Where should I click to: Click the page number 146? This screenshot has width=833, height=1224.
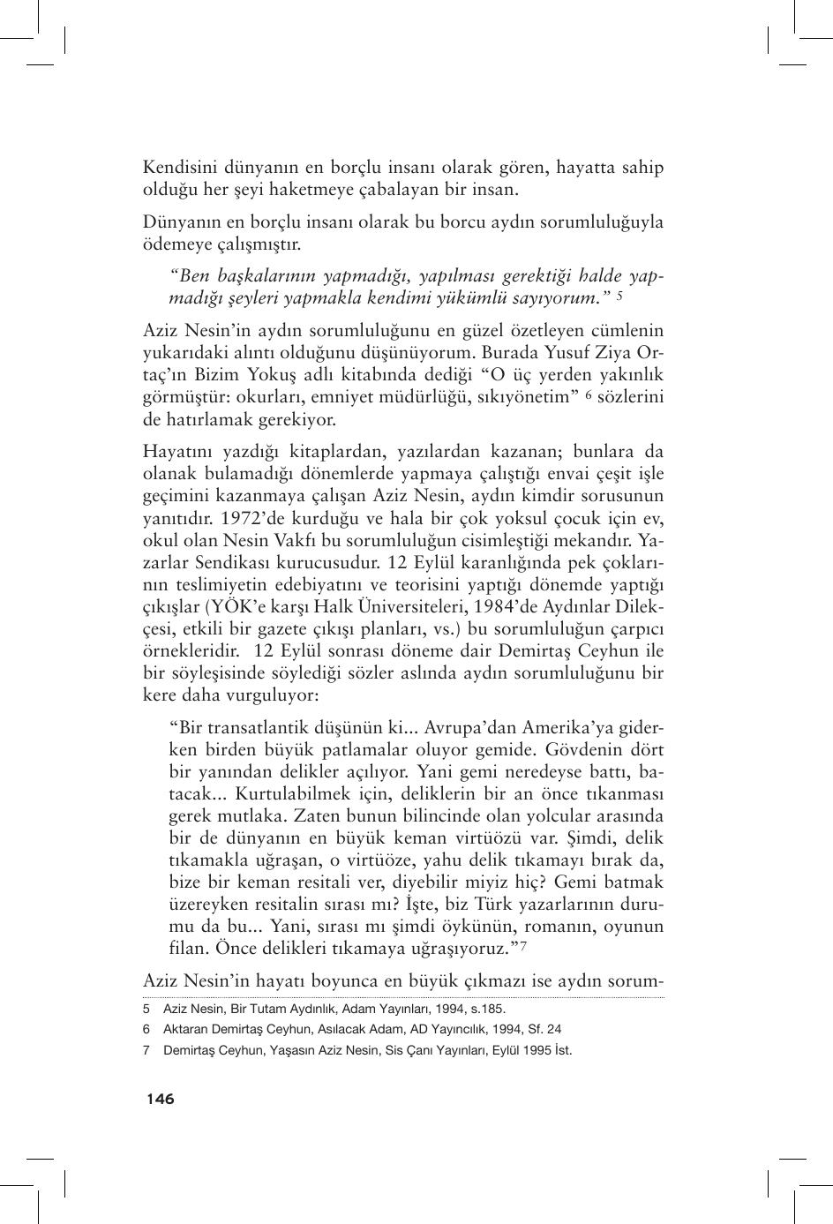(x=161, y=1099)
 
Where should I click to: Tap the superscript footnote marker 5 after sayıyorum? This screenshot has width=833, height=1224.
(x=620, y=296)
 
